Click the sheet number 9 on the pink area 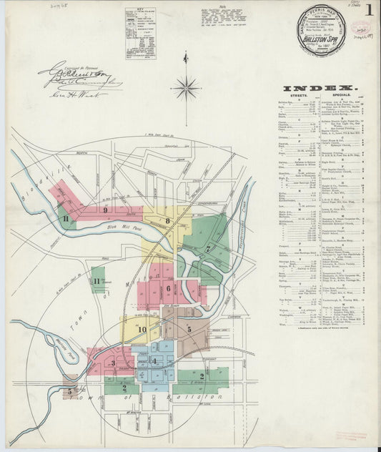pos(105,210)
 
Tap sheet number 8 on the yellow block pos(168,221)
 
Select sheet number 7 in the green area pos(207,248)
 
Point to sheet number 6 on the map pos(169,289)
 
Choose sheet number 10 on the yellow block pos(142,330)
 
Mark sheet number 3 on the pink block pos(113,363)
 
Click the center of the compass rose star pos(186,89)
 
